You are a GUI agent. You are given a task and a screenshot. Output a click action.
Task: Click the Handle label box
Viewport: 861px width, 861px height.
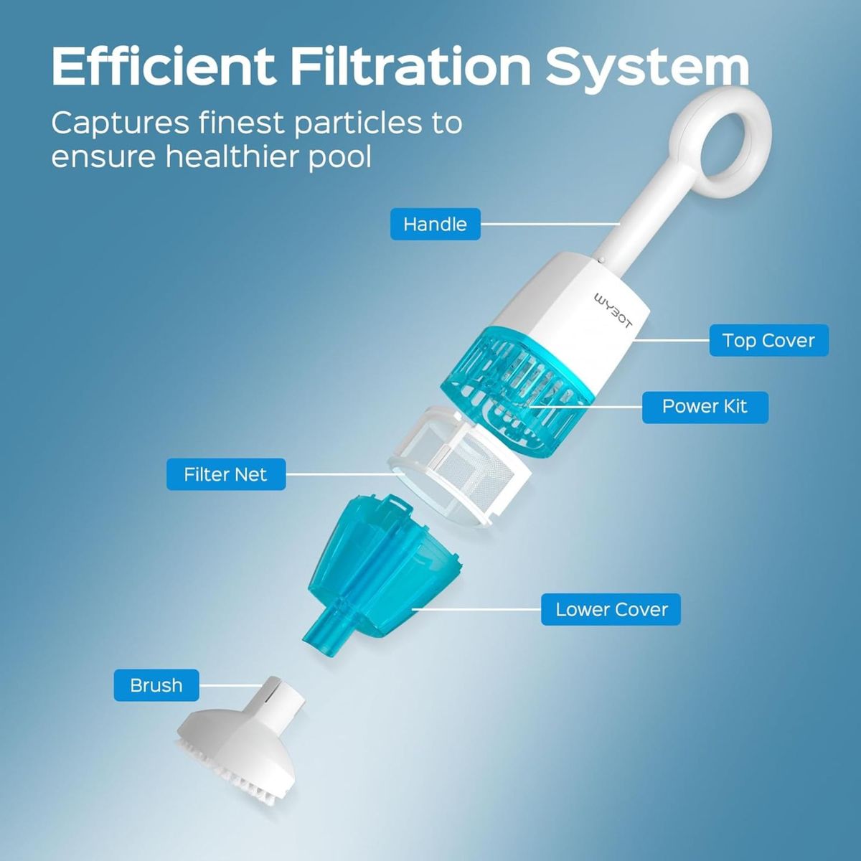(x=436, y=224)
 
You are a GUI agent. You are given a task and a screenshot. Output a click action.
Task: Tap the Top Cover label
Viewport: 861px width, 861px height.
(x=769, y=341)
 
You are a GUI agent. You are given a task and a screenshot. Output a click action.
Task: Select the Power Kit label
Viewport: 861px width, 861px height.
(x=705, y=408)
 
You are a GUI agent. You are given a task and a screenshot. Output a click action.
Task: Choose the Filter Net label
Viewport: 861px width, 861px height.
(x=226, y=474)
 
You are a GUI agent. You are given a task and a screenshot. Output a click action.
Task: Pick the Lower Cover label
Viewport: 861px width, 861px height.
(x=611, y=609)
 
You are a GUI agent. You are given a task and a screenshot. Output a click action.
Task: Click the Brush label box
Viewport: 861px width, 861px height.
(x=156, y=685)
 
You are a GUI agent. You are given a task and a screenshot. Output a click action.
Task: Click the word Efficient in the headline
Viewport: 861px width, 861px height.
(x=163, y=66)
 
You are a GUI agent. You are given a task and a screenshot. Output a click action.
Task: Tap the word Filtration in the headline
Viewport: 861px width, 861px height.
(x=411, y=66)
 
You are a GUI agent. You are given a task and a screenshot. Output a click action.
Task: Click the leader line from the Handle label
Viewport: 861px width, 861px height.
(x=550, y=224)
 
